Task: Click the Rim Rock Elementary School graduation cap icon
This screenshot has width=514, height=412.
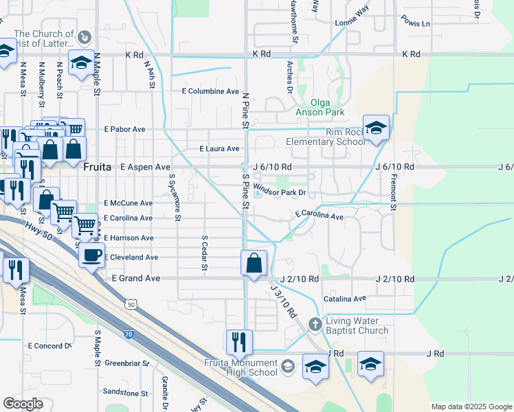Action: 376,128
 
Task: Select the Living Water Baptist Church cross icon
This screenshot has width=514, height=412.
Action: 315,323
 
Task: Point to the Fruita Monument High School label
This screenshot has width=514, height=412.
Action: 241,368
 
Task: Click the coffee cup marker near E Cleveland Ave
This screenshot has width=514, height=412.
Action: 91,255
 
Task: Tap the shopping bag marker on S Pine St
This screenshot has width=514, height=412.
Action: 254,263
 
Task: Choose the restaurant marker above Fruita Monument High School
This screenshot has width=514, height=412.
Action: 239,341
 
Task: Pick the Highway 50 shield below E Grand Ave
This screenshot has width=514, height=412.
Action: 130,303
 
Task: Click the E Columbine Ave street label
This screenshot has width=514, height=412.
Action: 210,91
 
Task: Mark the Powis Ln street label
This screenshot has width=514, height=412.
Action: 416,23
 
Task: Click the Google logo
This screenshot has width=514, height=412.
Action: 23,404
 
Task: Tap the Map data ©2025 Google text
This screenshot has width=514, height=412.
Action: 470,407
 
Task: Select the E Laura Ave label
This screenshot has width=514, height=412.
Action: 219,148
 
